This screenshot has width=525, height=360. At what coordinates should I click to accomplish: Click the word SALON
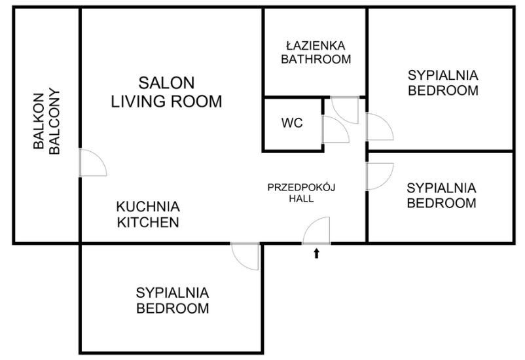tap(166, 83)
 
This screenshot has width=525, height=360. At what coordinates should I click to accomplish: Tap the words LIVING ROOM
tap(166, 101)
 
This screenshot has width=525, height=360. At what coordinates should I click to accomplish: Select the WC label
tap(292, 123)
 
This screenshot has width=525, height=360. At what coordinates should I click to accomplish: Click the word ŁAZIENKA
tap(316, 46)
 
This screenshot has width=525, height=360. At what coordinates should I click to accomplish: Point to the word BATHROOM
tap(316, 59)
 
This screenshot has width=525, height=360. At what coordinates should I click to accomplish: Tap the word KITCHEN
tap(148, 222)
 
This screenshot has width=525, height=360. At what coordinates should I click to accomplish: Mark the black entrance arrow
tap(317, 253)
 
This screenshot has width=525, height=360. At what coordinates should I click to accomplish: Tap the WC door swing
tap(335, 130)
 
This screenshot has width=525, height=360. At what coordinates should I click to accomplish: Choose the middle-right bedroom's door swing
tap(378, 175)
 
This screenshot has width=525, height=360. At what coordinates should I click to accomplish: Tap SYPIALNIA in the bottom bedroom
tap(172, 293)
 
